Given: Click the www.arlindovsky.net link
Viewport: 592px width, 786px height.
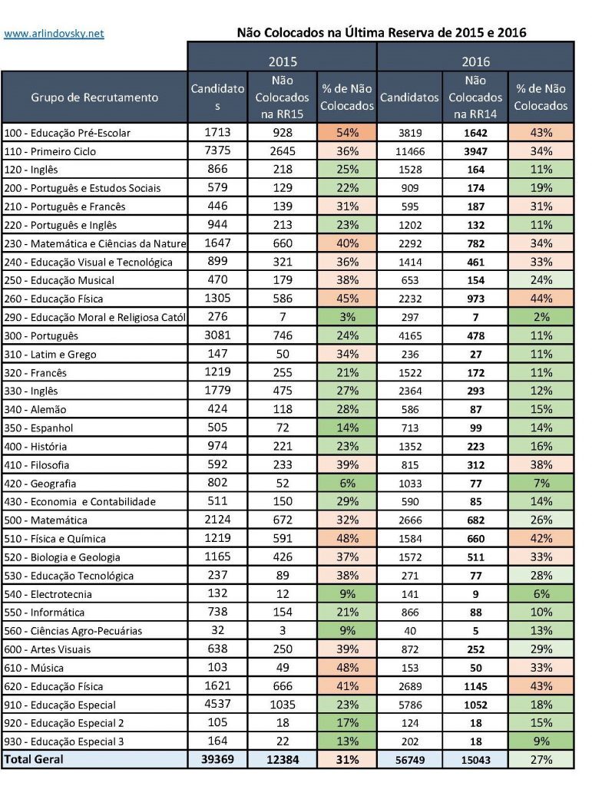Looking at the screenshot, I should (x=54, y=34).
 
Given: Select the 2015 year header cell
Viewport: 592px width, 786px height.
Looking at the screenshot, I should (x=282, y=61).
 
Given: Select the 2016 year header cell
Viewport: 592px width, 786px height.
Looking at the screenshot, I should (x=475, y=61).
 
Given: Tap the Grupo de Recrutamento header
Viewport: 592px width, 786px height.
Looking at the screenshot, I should (x=94, y=97).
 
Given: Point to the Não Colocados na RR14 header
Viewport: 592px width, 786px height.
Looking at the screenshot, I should (x=475, y=97).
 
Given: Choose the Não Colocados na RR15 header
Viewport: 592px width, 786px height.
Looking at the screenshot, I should (x=282, y=97).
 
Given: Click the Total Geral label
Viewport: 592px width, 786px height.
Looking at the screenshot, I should (x=35, y=759).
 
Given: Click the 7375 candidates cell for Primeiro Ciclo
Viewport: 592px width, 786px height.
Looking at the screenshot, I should (x=217, y=151).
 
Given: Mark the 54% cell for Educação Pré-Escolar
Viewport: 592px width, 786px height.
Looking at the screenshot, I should (x=346, y=133).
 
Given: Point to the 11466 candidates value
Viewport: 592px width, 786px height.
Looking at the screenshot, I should (x=409, y=151).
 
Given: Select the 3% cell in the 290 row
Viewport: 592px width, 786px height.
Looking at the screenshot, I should (x=346, y=317).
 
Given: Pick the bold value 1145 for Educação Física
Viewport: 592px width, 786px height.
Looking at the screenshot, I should (x=475, y=685).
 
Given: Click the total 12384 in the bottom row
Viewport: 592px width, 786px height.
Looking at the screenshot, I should (x=282, y=759).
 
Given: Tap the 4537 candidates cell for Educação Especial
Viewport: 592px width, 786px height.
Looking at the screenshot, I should (x=217, y=704).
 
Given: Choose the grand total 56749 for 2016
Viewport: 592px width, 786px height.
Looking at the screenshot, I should (x=409, y=759).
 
